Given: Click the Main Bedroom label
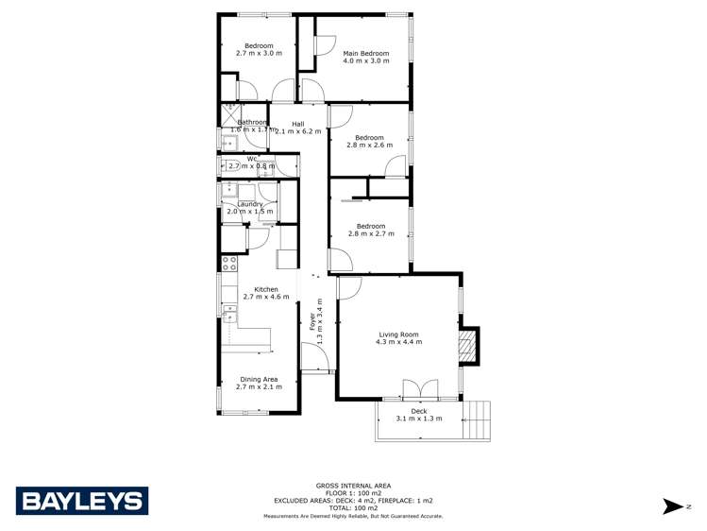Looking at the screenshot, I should (366, 54).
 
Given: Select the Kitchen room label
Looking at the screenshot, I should (265, 289).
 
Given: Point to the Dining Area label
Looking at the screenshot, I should (258, 379).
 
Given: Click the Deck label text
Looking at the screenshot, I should (418, 411).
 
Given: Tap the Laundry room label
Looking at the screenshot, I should (249, 204).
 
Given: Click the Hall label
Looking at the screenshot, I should (297, 124).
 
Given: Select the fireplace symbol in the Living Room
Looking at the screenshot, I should (465, 348).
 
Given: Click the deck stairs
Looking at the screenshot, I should (479, 420).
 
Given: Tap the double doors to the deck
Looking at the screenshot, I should (418, 389).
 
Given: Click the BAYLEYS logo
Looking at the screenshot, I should (82, 501).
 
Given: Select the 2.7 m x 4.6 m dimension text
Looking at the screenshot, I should (265, 298).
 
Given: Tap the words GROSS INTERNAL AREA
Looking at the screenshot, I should (353, 485).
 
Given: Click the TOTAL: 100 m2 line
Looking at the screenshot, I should (353, 507).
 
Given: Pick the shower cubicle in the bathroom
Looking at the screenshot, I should (229, 114).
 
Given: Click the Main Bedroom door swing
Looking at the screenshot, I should (324, 45).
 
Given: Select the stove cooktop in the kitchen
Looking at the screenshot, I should (227, 262).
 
